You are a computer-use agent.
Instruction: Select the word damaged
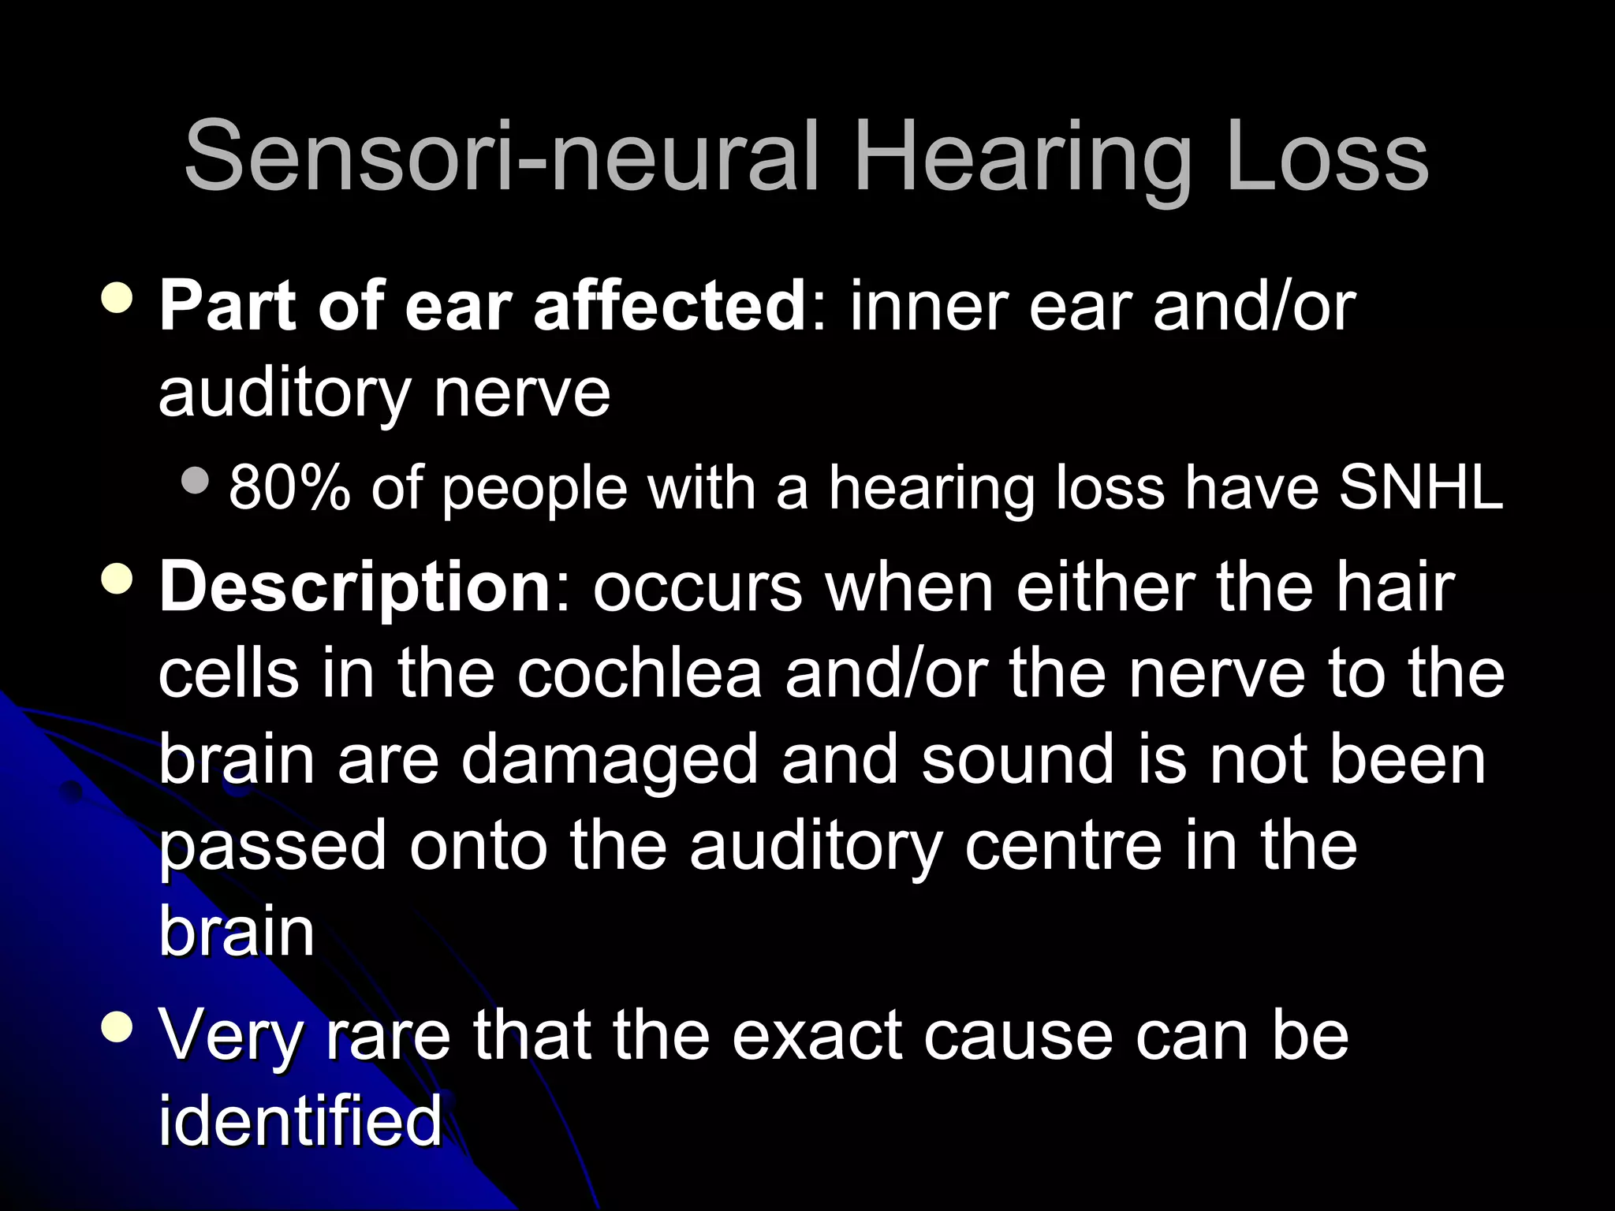[610, 761]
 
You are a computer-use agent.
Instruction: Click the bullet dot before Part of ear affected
[117, 298]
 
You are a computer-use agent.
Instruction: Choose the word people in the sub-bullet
[535, 490]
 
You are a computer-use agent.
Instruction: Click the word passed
[273, 847]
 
